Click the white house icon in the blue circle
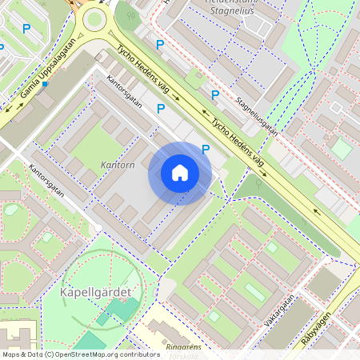180,173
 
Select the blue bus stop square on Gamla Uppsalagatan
46,82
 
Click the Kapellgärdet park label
95,292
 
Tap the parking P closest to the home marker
206,149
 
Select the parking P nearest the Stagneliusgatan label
214,95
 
